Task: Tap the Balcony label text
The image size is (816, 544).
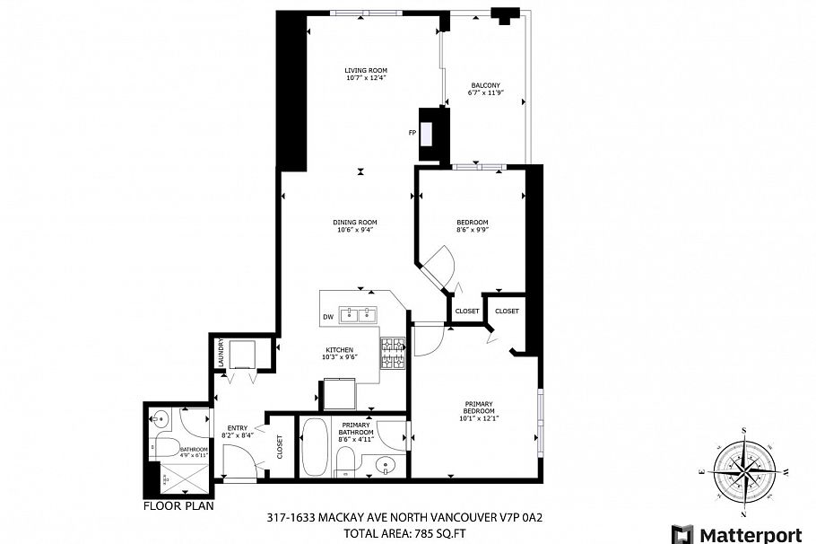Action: coord(485,87)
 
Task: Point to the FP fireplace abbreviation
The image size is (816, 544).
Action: coord(412,133)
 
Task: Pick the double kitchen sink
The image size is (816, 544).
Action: coord(363,315)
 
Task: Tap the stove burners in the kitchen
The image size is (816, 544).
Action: coord(394,353)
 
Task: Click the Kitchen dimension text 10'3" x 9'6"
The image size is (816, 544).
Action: coord(339,357)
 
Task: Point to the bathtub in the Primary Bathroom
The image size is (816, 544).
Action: coord(315,446)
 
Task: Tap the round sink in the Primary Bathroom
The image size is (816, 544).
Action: coord(384,466)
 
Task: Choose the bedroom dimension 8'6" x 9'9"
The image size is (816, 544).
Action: coord(472,231)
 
